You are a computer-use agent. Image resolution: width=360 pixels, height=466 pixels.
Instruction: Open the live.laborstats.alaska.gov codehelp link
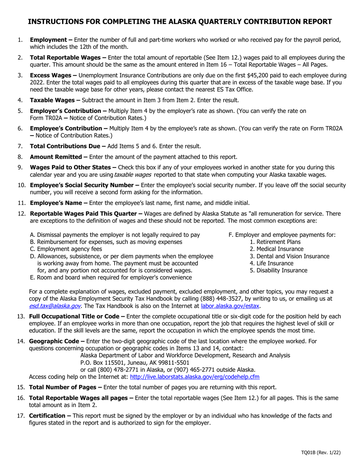194,377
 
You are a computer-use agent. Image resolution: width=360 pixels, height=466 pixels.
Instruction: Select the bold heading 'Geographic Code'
57,341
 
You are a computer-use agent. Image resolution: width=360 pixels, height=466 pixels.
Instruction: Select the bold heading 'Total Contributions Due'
68,146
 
